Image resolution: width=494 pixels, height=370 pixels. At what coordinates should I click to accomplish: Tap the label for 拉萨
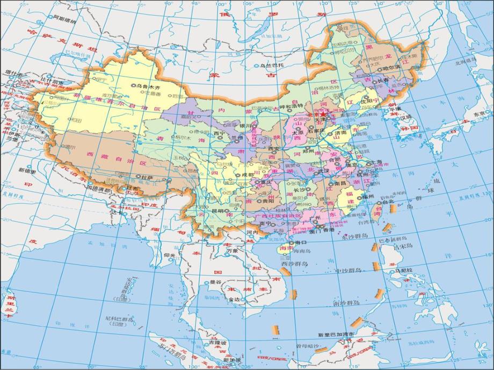click(x=147, y=176)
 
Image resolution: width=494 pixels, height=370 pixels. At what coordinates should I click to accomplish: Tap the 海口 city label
click(x=293, y=242)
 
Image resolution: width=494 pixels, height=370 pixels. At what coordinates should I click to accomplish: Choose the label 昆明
click(x=217, y=211)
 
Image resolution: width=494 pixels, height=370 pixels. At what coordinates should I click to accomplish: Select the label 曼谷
click(x=216, y=282)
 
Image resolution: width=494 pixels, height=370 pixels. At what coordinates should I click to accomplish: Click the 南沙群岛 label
click(x=346, y=303)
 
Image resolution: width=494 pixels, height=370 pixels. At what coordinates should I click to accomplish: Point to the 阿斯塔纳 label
click(x=64, y=20)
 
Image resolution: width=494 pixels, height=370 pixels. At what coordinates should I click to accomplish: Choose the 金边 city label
click(x=234, y=299)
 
